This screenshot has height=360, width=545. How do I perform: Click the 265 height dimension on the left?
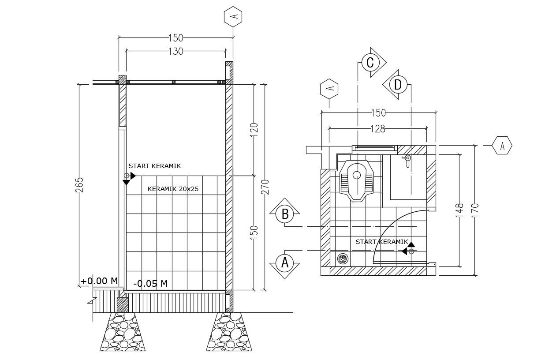[79, 185]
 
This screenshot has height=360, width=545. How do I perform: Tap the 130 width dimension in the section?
[175, 52]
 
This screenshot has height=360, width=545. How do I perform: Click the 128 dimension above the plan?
[378, 129]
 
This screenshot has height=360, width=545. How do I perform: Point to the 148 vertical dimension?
[460, 209]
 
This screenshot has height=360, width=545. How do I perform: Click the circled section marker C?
[370, 63]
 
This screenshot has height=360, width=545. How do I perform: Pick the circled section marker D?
[398, 84]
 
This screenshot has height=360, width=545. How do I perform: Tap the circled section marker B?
[284, 214]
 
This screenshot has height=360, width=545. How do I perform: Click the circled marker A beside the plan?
[284, 262]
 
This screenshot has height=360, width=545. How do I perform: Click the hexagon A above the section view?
[233, 17]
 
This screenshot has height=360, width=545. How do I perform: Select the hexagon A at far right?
[502, 145]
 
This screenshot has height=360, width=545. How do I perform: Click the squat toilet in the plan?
[356, 181]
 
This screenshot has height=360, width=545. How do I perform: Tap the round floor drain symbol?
[343, 259]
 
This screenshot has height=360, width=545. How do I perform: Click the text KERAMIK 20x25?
[173, 189]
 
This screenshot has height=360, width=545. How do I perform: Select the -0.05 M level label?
[150, 284]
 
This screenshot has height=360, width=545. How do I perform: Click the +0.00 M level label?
[99, 281]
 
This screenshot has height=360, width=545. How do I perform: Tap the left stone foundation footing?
[122, 332]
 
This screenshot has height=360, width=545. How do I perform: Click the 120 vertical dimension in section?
[254, 130]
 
